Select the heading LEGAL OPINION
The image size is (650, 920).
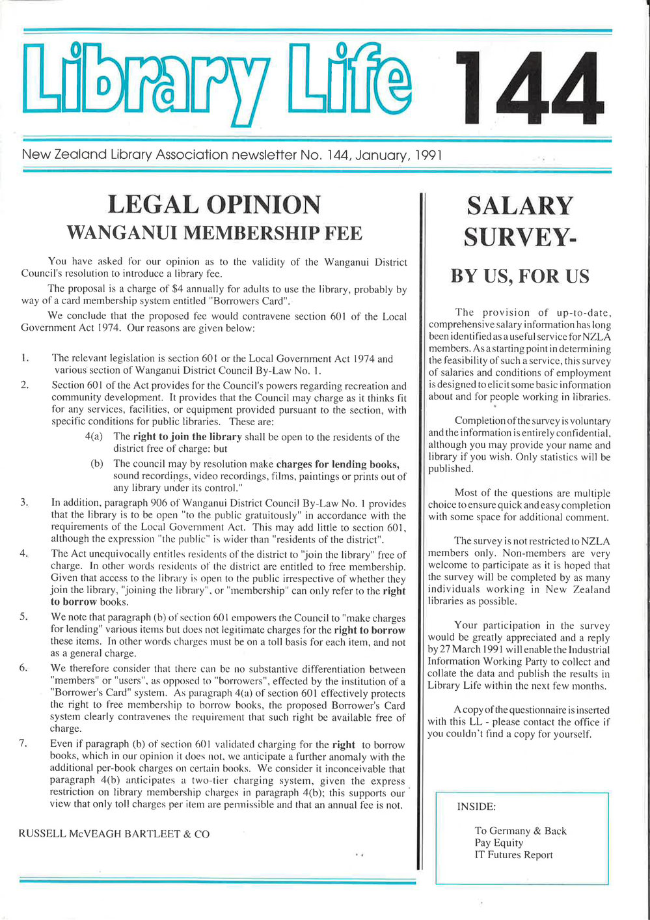214,204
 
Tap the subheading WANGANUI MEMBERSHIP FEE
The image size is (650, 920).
214,232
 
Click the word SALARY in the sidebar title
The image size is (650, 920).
520,206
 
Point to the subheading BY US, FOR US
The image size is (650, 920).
520,276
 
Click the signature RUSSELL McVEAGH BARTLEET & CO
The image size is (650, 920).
115,833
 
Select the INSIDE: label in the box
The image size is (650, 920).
476,807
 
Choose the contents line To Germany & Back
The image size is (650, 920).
521,831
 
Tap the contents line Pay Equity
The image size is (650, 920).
499,843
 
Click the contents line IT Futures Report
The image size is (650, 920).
513,855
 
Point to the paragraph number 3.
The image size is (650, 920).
23,503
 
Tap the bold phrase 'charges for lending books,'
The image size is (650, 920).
338,464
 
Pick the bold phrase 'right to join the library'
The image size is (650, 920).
187,437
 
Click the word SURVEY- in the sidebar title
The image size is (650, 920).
520,237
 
